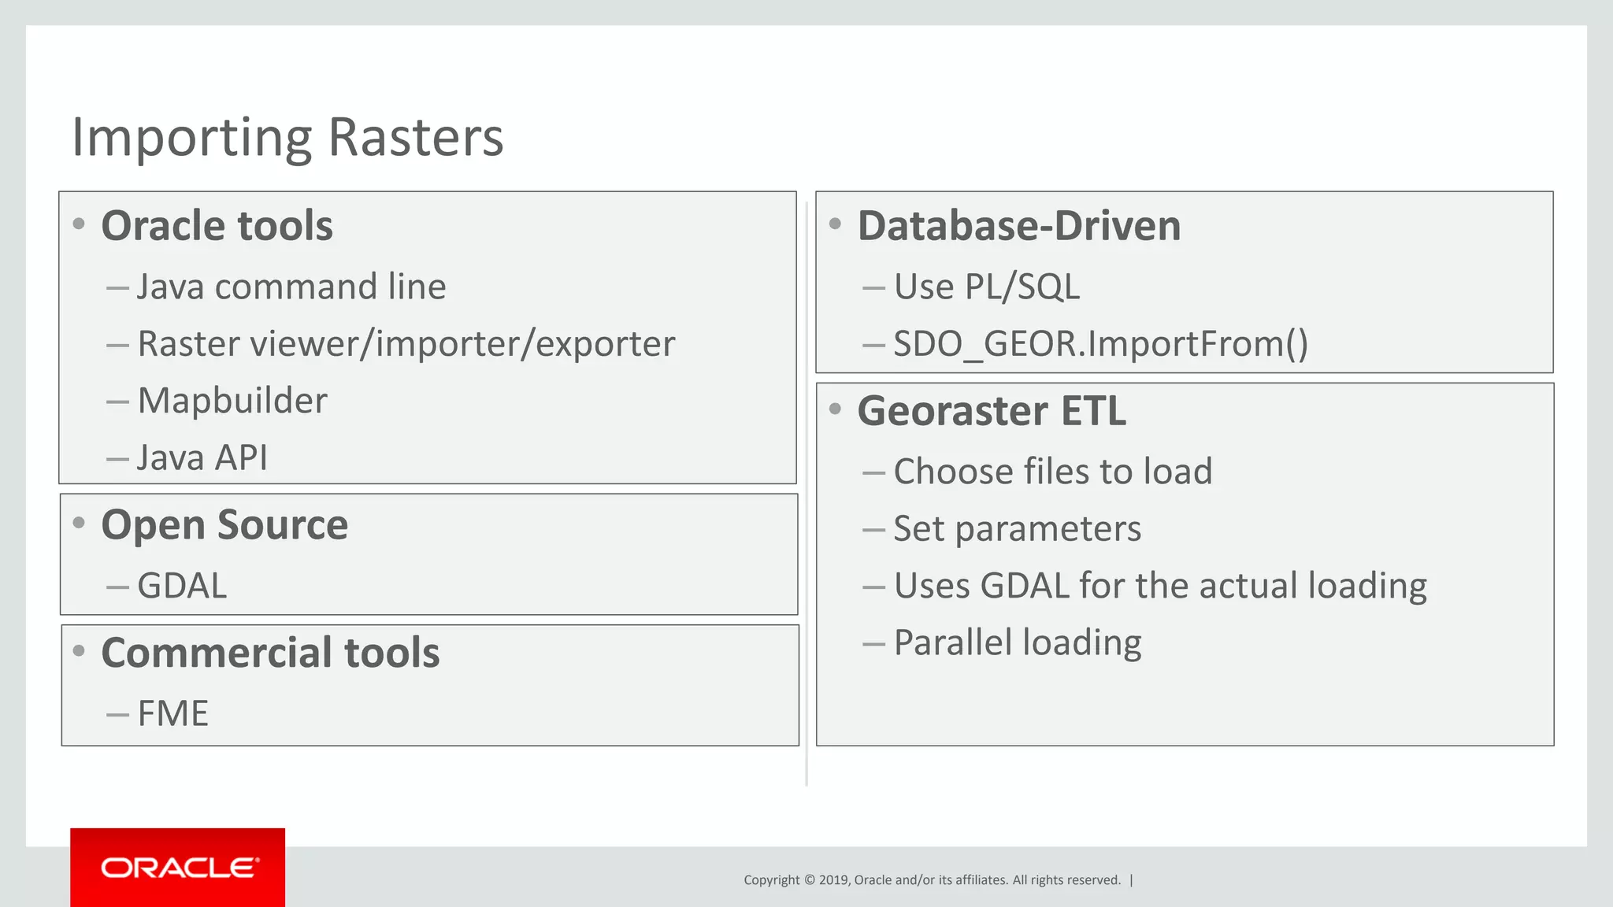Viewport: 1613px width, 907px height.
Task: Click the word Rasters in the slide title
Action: point(415,138)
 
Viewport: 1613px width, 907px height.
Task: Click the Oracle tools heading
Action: point(217,226)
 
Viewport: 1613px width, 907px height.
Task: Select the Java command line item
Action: point(291,287)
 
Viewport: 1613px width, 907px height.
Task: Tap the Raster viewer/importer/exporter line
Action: point(406,344)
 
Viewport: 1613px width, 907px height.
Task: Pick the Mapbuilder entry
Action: point(232,401)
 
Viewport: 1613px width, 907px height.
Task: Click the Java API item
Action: point(202,458)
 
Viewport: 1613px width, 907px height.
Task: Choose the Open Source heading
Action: point(224,525)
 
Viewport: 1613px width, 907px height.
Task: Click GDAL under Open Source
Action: point(182,586)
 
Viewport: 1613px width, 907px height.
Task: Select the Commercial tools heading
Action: point(270,653)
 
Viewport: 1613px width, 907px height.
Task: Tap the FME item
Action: point(172,714)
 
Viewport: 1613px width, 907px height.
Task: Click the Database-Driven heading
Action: point(1018,226)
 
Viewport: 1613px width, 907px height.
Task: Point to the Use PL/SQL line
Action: point(986,287)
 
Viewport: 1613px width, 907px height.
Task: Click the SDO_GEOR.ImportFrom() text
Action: point(1100,344)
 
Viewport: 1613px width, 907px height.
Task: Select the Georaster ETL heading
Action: point(992,411)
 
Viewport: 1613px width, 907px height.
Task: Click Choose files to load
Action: point(1052,472)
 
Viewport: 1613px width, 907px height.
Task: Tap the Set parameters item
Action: point(1017,528)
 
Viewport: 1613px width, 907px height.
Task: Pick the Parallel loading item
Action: point(1017,642)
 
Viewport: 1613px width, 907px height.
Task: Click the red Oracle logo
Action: point(178,868)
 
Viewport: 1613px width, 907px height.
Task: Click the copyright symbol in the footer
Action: point(809,880)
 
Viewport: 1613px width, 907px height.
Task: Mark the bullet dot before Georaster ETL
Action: point(836,409)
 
